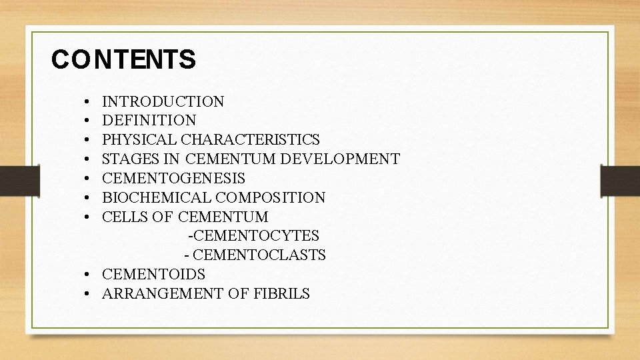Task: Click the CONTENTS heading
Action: (123, 60)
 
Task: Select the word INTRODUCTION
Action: (163, 102)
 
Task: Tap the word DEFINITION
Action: (149, 121)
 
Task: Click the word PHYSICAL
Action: (131, 140)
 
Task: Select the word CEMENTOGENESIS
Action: (173, 179)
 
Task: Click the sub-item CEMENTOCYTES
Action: (255, 236)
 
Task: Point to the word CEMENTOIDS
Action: (154, 274)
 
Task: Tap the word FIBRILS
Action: (281, 293)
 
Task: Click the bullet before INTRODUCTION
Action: (89, 103)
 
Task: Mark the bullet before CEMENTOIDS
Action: (89, 275)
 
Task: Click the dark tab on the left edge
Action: (10, 179)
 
